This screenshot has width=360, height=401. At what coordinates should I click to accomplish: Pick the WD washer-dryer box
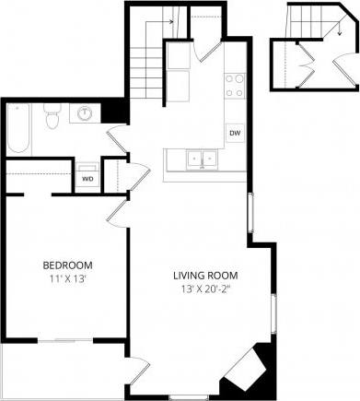click(x=88, y=179)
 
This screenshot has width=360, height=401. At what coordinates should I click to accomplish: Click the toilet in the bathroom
click(x=53, y=117)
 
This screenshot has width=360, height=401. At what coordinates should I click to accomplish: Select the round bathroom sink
click(x=85, y=113)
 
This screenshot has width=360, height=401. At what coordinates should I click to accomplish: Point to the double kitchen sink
click(x=203, y=160)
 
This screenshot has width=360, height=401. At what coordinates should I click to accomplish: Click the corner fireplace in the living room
click(x=247, y=369)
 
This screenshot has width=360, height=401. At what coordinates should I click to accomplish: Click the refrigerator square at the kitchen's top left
click(x=178, y=55)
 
